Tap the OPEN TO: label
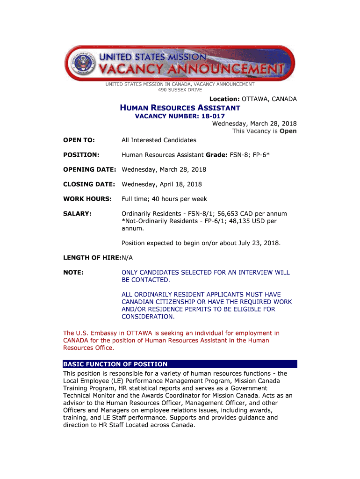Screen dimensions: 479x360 79,140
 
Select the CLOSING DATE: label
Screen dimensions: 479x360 89,184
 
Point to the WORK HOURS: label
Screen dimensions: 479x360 87,199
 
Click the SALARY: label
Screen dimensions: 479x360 77,214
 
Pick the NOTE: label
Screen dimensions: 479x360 73,272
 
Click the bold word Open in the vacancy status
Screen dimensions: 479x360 288,131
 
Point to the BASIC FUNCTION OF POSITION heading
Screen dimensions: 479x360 115,364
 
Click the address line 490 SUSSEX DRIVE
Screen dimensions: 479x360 180,89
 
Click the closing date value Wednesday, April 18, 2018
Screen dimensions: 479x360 162,184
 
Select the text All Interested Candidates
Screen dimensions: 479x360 159,140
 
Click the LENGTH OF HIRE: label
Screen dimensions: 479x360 92,258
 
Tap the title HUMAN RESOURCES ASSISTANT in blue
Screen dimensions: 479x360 180,108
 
